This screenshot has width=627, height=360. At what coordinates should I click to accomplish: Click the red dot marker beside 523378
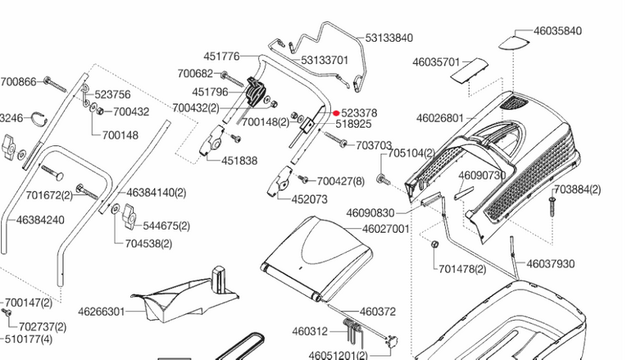[x=336, y=113]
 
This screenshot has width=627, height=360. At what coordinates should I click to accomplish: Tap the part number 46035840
[x=557, y=31]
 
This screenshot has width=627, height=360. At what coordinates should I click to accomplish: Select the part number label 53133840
[x=389, y=38]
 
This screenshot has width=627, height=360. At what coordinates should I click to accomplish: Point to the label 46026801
[x=440, y=118]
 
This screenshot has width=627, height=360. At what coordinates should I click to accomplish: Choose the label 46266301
[x=102, y=311]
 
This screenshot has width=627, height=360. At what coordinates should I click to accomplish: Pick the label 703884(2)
[x=577, y=189]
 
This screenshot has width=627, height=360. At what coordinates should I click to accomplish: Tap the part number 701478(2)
[x=462, y=268]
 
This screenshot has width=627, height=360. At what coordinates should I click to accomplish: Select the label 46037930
[x=551, y=263]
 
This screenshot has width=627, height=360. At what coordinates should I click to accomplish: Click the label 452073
[x=310, y=198]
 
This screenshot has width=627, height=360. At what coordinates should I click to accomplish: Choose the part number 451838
[x=239, y=160]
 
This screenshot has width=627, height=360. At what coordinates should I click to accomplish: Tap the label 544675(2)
[x=166, y=226]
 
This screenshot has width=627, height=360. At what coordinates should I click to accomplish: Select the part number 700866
[x=18, y=81]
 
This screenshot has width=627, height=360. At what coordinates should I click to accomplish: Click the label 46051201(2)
[x=338, y=355]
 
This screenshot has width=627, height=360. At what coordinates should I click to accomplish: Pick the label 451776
[x=222, y=56]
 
